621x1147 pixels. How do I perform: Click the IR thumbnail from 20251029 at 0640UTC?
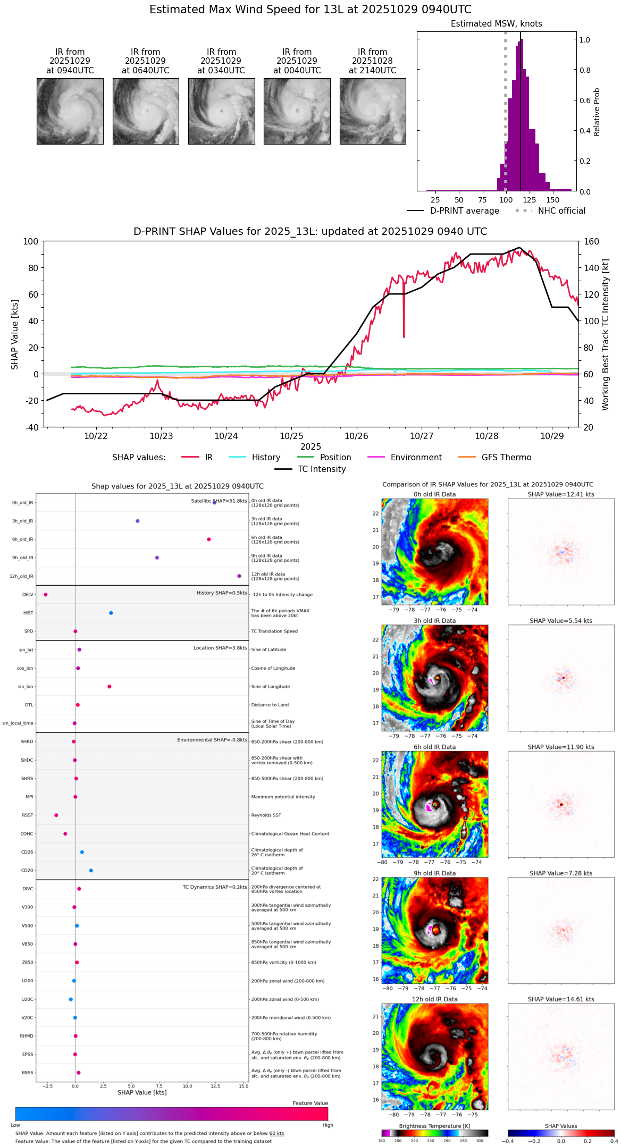click(146, 111)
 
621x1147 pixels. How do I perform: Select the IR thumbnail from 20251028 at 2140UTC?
click(373, 111)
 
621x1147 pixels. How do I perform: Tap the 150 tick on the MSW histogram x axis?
click(553, 200)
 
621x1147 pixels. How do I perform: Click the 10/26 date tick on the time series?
click(356, 436)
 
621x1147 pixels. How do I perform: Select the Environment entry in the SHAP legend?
click(416, 458)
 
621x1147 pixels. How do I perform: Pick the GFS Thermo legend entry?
click(506, 458)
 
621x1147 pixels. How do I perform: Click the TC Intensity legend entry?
click(321, 469)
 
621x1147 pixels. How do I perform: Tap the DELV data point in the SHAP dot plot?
click(46, 595)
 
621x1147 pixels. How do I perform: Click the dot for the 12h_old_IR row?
click(239, 576)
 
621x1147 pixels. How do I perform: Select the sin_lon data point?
click(110, 687)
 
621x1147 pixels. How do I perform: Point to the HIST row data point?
click(111, 613)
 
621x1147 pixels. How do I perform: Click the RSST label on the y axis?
click(28, 815)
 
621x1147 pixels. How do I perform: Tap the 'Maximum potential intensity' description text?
click(283, 797)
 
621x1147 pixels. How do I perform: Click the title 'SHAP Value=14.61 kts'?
click(561, 999)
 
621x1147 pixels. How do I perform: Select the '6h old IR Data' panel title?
click(434, 747)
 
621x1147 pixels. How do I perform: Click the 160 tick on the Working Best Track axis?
click(591, 242)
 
